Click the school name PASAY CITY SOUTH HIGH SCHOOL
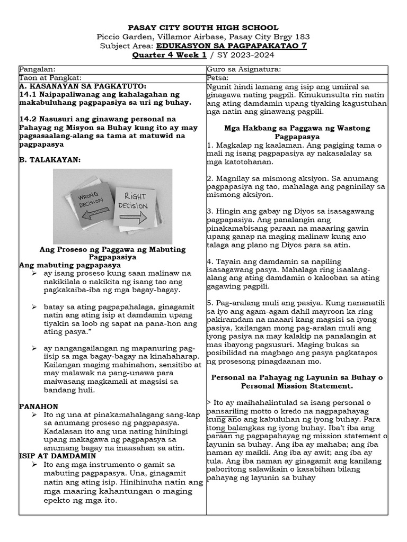[x=203, y=28]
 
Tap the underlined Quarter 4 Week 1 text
[x=162, y=55]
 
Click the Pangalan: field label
[x=37, y=69]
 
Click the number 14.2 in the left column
[x=28, y=119]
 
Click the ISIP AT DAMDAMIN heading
[x=57, y=456]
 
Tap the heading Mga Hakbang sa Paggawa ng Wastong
[x=297, y=128]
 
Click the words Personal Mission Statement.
[x=297, y=386]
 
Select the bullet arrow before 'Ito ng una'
[x=34, y=415]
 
